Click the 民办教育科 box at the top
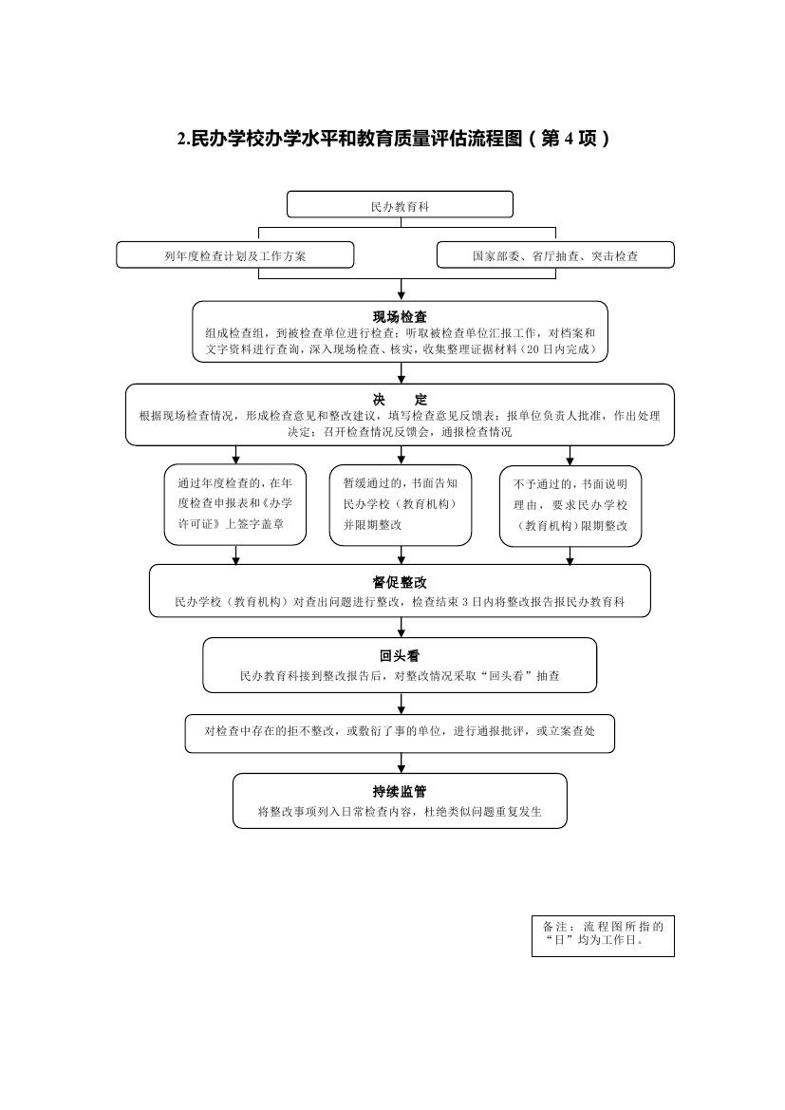[x=400, y=204]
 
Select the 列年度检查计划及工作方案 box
[x=235, y=254]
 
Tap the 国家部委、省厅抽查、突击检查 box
[x=555, y=254]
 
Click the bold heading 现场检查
[x=400, y=317]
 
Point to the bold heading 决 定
[x=400, y=400]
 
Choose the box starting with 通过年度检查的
[x=235, y=505]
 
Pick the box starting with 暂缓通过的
[x=401, y=505]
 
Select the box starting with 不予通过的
[x=570, y=505]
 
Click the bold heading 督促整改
[x=400, y=583]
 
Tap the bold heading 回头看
[x=400, y=656]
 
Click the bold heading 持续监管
[x=400, y=792]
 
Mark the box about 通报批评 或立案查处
[x=400, y=733]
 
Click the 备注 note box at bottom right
[x=603, y=936]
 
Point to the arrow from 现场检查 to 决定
[x=402, y=373]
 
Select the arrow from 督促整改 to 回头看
[x=402, y=628]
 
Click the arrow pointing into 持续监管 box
[x=402, y=763]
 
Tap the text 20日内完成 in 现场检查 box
[x=563, y=349]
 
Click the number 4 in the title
[x=569, y=139]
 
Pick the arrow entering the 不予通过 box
[x=570, y=455]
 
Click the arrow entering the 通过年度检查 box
[x=235, y=455]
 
